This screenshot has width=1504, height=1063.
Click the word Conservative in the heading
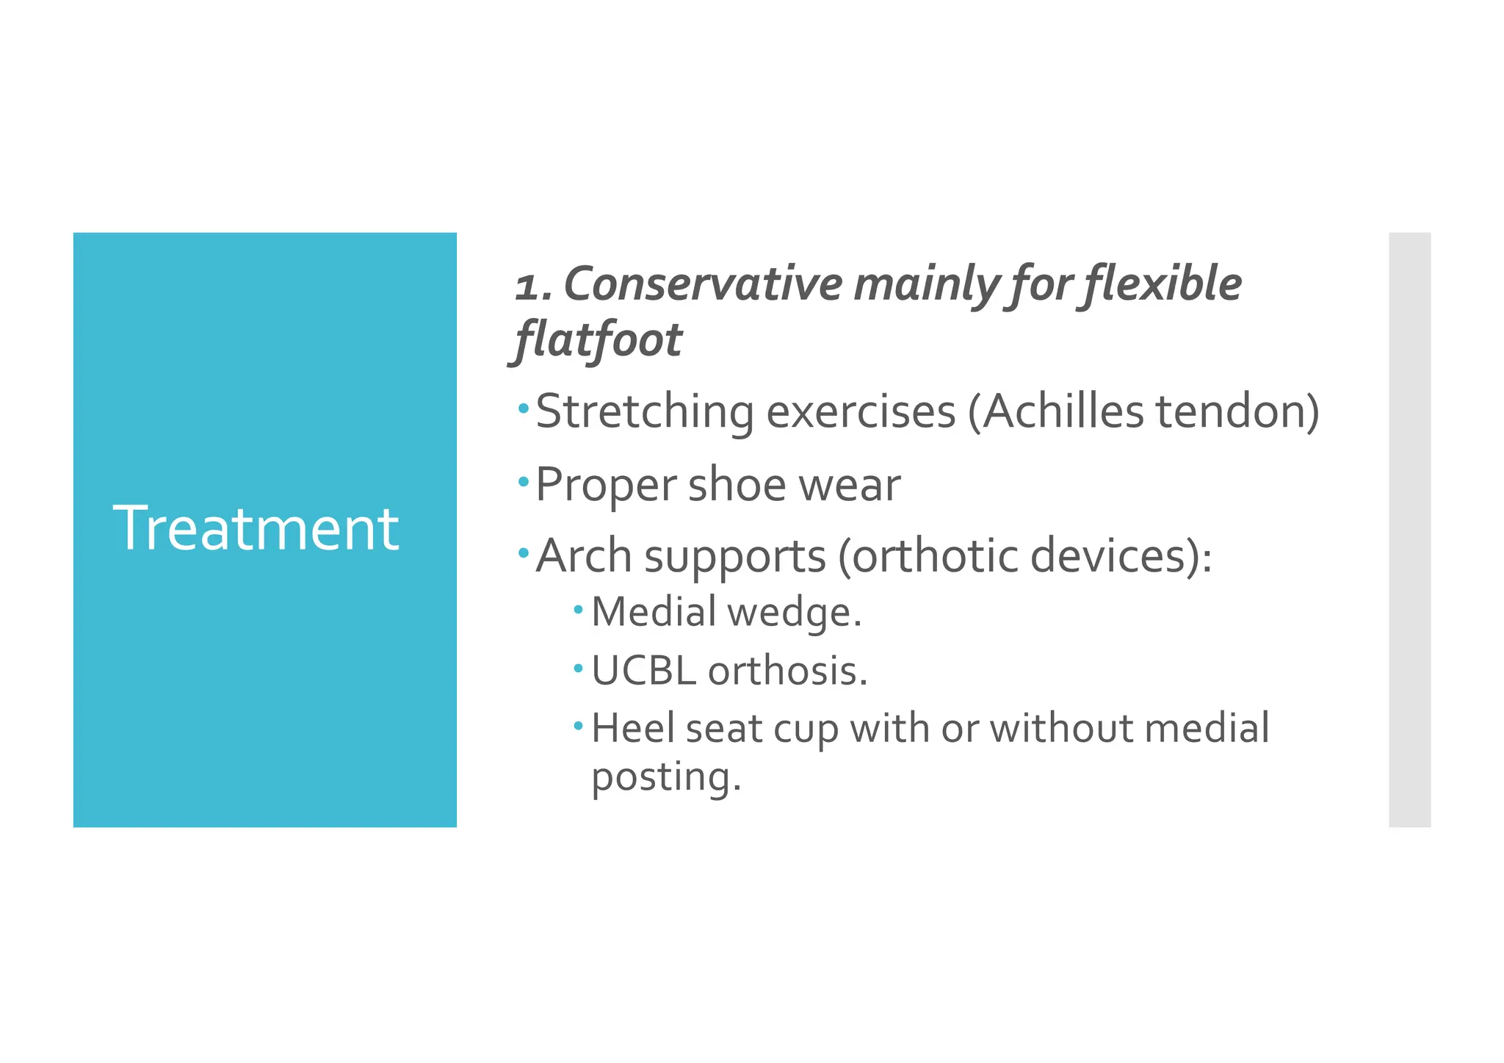pyautogui.click(x=703, y=285)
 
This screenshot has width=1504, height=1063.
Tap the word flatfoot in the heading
pyautogui.click(x=599, y=340)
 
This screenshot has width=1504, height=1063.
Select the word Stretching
pyautogui.click(x=645, y=411)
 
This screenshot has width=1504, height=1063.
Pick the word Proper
pyautogui.click(x=606, y=486)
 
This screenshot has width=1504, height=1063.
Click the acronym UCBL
pyautogui.click(x=643, y=671)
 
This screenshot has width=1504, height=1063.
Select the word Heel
pyautogui.click(x=632, y=728)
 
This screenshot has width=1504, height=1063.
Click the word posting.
pyautogui.click(x=666, y=777)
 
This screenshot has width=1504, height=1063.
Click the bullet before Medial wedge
pyautogui.click(x=579, y=609)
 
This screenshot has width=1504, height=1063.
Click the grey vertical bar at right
pyautogui.click(x=1409, y=530)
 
